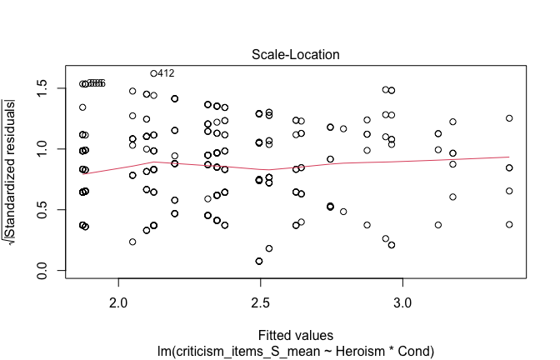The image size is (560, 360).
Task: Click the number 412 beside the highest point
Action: [165, 73]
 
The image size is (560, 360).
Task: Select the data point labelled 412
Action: [154, 73]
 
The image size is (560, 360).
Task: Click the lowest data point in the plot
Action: [259, 261]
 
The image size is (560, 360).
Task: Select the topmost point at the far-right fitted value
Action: [509, 118]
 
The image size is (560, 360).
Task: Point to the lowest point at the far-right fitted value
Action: [509, 224]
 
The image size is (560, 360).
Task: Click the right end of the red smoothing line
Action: [509, 157]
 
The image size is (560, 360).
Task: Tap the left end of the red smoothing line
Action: [83, 174]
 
